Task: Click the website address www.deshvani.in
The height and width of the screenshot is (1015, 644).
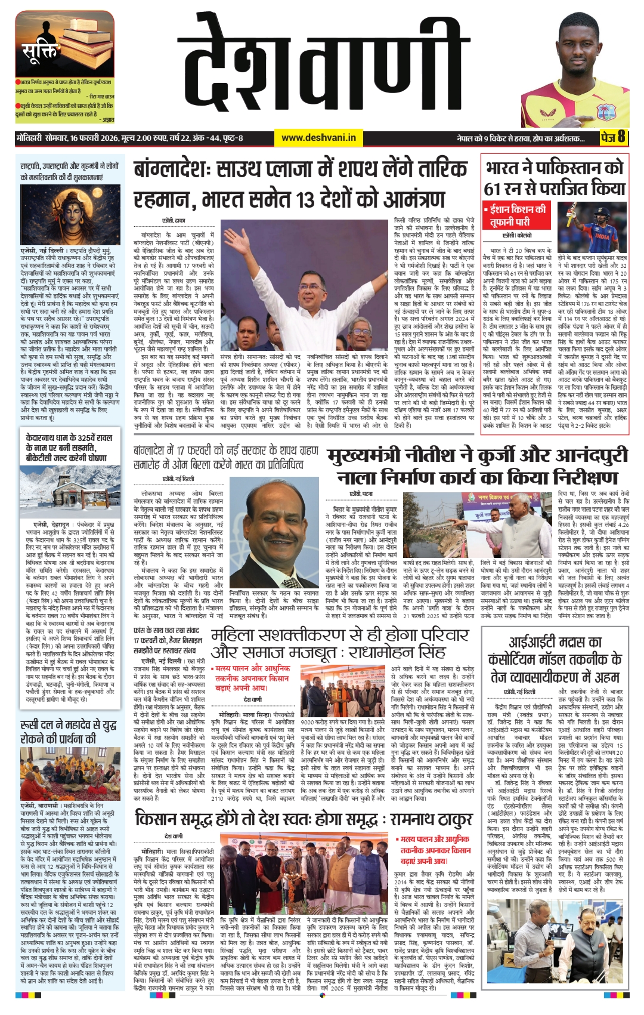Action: (318, 138)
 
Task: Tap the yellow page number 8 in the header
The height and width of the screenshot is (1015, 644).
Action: (621, 137)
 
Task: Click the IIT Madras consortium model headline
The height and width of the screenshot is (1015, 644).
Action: (554, 659)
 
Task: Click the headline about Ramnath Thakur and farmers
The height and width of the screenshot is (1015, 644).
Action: (304, 819)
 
